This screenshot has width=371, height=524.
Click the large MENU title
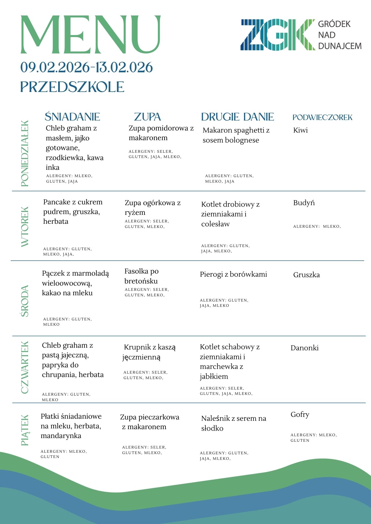point(91,35)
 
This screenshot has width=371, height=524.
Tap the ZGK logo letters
point(278,35)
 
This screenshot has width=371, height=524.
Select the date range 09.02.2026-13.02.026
point(87,67)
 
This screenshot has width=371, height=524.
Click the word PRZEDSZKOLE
point(72,87)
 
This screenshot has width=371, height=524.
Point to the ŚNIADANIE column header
point(72,117)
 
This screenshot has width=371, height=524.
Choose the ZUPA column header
point(147,117)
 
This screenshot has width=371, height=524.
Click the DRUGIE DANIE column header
point(237,117)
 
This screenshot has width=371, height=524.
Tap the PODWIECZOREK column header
point(322,117)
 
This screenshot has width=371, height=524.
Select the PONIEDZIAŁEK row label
point(25,153)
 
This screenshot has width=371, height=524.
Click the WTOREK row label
point(25,227)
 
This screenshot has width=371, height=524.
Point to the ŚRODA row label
point(25,301)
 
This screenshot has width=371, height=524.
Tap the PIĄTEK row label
point(25,430)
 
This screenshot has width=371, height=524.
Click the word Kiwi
point(300,130)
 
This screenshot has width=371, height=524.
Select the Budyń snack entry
point(304,203)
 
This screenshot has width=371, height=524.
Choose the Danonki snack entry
point(305,348)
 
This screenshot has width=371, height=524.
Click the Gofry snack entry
point(300,415)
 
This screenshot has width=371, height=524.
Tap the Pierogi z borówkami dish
point(233,275)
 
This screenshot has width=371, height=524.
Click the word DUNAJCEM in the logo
point(340,46)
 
